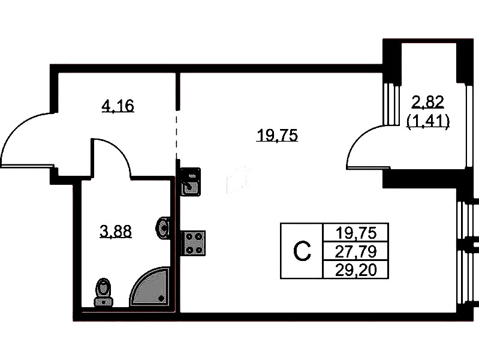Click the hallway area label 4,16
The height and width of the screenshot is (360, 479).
(118, 106)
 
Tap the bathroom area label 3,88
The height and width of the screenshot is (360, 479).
(116, 231)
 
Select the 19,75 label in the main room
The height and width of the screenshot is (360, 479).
(278, 136)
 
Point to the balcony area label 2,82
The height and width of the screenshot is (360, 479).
(427, 102)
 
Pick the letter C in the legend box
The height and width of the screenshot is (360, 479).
(302, 251)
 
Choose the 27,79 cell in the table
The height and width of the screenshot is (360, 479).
(356, 252)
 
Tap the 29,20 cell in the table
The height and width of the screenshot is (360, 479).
(356, 270)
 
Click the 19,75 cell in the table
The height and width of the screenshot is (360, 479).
(356, 233)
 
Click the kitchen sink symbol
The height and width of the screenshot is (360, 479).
(190, 182)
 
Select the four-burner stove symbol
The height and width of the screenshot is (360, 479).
(193, 243)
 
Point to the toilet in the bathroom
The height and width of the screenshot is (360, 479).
(104, 292)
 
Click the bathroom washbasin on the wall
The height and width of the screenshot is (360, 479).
(163, 228)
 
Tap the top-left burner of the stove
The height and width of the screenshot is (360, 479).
(188, 237)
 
